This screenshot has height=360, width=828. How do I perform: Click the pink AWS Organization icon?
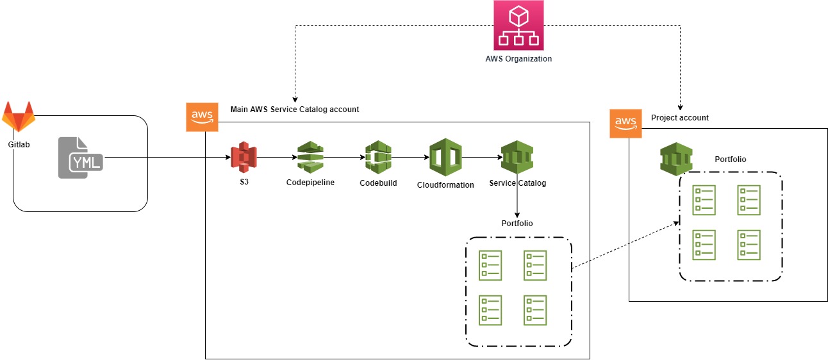coord(518,25)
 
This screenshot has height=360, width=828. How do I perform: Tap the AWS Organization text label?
coord(518,59)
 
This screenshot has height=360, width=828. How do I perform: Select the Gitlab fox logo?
coord(19,117)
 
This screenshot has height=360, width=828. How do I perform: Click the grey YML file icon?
coord(81,158)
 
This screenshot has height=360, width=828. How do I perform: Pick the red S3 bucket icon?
coord(244,156)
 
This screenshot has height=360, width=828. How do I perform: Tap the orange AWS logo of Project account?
coord(625,122)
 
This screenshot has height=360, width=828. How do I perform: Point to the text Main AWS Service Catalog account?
coord(295,110)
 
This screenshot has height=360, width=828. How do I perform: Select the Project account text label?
coord(679,118)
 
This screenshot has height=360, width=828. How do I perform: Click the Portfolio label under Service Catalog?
coord(517,224)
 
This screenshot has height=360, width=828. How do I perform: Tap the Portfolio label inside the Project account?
coord(730,160)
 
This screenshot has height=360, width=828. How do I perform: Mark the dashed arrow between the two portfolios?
coord(625,245)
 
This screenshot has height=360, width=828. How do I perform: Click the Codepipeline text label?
coord(310,183)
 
